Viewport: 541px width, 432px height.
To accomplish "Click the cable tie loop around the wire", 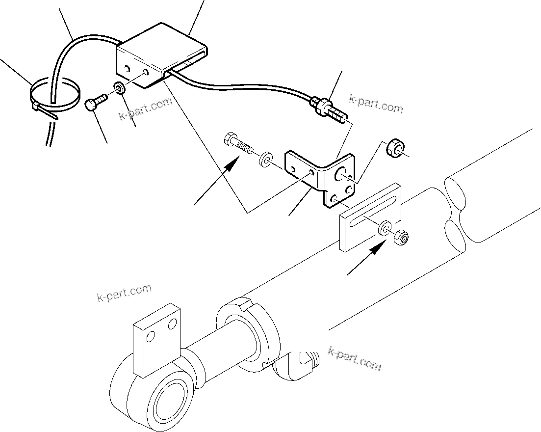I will (54, 95).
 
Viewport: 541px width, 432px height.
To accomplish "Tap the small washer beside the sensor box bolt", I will (119, 88).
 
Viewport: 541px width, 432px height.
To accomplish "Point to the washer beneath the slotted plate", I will (384, 228).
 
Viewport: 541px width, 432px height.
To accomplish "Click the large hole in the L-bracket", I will (340, 174).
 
